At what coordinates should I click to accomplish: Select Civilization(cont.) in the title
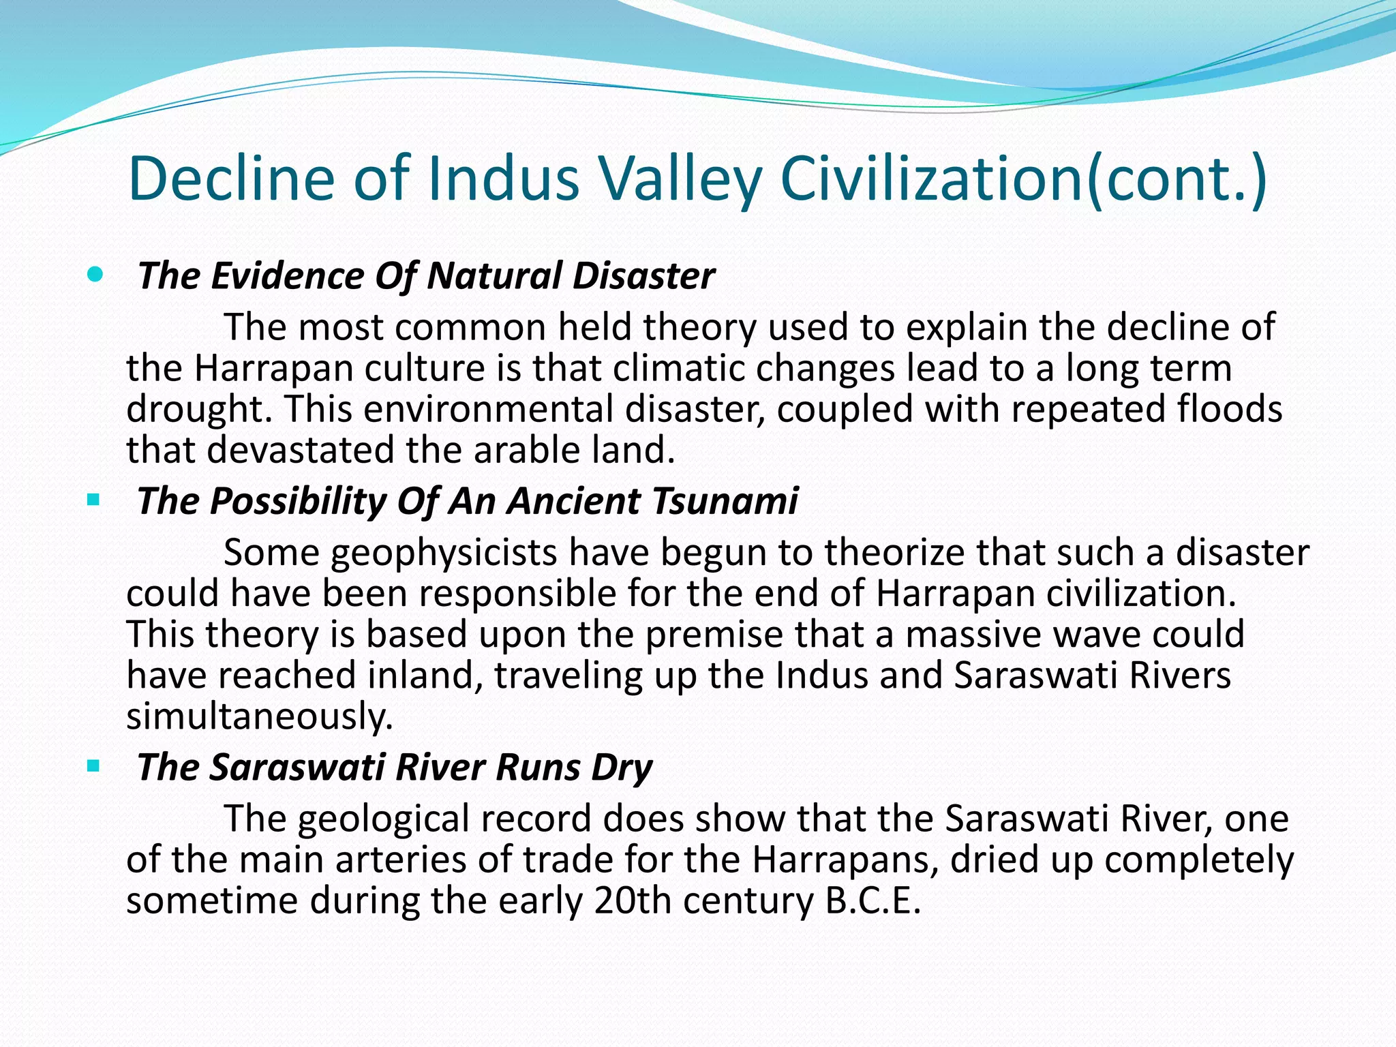tap(1023, 179)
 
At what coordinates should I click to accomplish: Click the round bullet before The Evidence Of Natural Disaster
tap(95, 275)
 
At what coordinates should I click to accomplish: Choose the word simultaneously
tap(260, 716)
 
